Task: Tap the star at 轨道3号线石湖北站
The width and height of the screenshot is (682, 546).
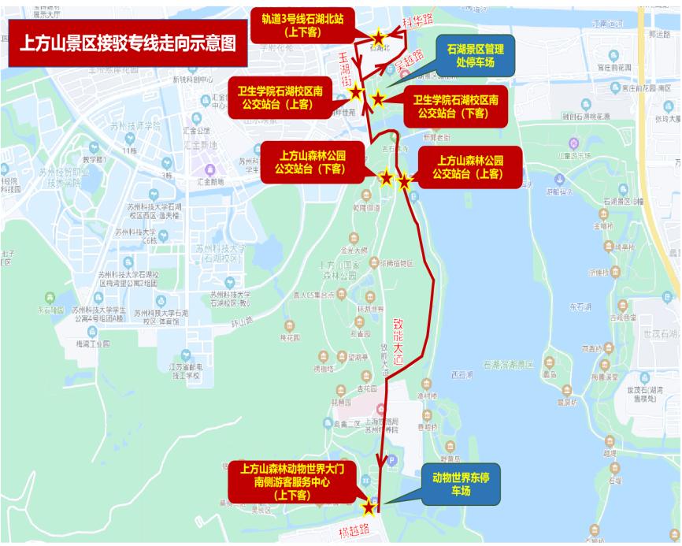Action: click(379, 37)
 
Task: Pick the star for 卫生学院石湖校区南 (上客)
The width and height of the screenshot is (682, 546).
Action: click(356, 92)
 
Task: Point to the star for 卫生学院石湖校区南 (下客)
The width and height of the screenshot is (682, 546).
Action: click(379, 98)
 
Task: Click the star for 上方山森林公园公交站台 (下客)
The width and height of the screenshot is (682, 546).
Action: click(386, 178)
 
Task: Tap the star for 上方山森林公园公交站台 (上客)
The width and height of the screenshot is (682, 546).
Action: click(405, 182)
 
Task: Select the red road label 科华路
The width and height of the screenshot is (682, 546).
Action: click(417, 21)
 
